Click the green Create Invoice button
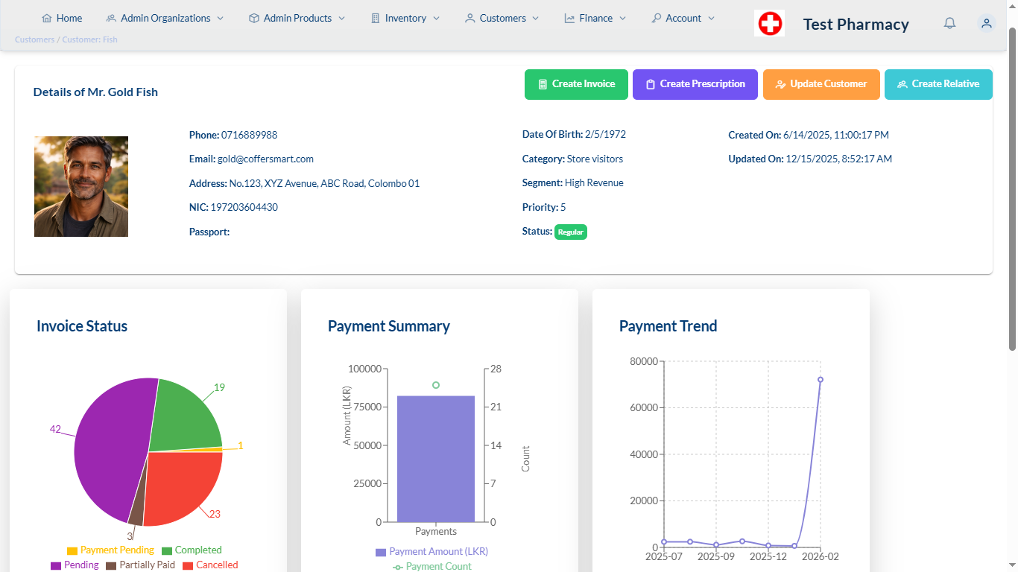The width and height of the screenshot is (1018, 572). (576, 84)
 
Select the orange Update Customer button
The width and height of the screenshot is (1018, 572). (821, 84)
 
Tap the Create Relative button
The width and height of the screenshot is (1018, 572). (938, 84)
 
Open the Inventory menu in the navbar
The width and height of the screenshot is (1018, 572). (405, 18)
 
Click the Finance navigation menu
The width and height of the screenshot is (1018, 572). (595, 18)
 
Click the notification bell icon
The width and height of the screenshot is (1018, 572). (949, 23)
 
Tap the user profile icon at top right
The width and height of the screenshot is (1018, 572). (986, 23)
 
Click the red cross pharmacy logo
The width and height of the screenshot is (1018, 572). (769, 23)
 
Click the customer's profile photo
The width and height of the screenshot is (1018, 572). (81, 186)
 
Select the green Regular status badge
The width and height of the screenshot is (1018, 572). (570, 232)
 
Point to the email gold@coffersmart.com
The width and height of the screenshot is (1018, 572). (265, 159)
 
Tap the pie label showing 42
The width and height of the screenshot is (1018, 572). (55, 429)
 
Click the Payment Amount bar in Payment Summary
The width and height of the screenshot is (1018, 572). (436, 459)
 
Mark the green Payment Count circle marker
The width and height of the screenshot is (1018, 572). (436, 385)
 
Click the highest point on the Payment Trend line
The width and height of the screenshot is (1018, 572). (821, 379)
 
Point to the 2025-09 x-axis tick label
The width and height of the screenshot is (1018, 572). (715, 556)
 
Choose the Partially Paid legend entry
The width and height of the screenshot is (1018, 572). (140, 565)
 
